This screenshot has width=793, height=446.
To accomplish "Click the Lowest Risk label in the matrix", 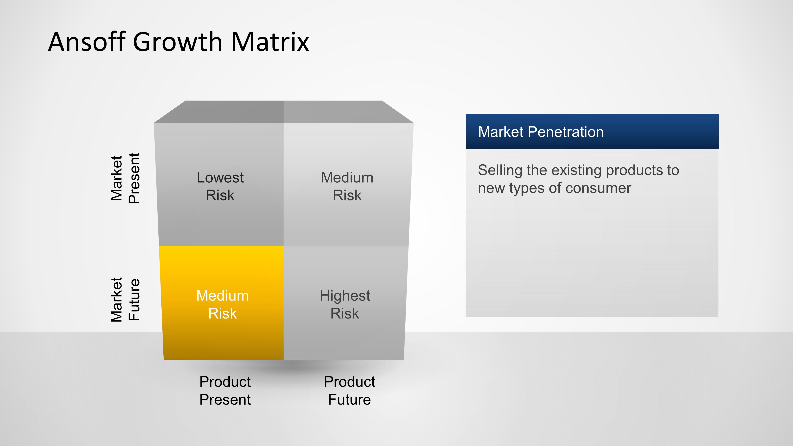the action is tap(220, 186).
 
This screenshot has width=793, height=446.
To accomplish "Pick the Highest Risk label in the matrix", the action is tap(345, 304).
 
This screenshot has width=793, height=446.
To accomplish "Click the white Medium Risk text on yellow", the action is tap(222, 304).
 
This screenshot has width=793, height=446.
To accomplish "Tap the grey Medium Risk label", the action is tap(347, 186).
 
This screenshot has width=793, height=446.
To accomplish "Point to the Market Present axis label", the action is tap(125, 178).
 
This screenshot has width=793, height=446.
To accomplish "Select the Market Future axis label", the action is tap(125, 300).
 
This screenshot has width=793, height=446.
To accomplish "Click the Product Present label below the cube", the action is tap(225, 390).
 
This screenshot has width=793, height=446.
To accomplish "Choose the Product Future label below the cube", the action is tap(349, 390).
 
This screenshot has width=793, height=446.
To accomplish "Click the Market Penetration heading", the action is tap(541, 132).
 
